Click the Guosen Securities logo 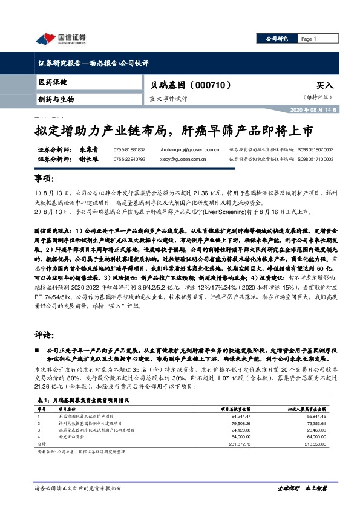[61, 39]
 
